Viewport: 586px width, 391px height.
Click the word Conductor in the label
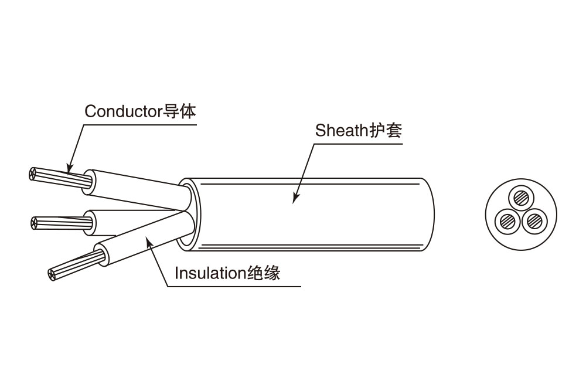(121, 111)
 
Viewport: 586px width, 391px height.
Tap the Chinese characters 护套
(385, 130)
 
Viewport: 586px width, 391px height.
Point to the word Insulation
(209, 273)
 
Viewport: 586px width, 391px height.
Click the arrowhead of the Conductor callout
(69, 169)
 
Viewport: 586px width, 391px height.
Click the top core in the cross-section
(520, 197)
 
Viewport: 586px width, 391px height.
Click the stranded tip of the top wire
(33, 174)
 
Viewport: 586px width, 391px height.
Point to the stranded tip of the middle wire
(34, 222)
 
